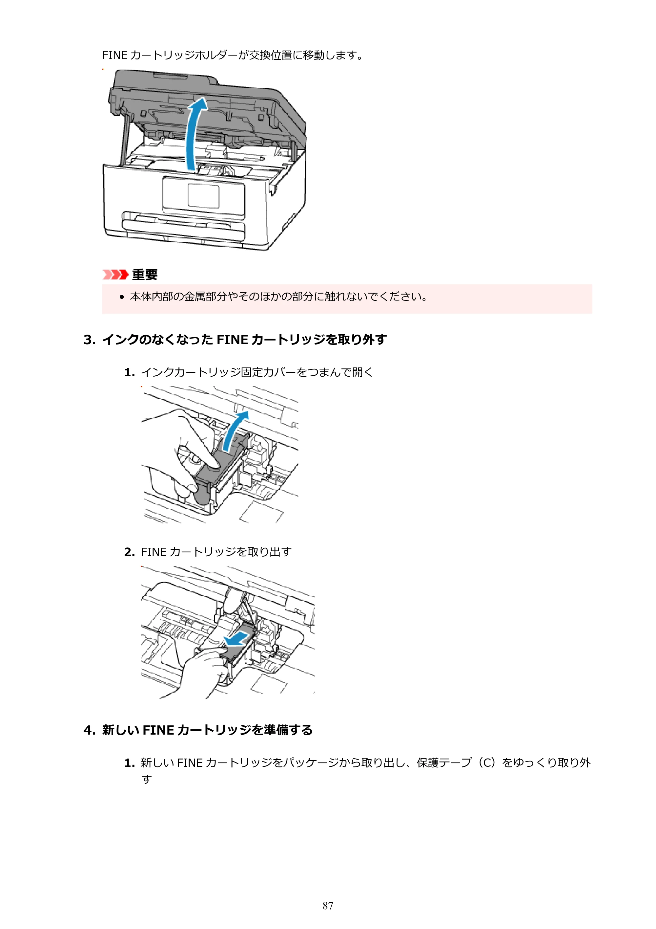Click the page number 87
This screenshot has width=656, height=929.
pyautogui.click(x=328, y=906)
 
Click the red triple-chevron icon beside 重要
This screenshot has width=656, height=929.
pyautogui.click(x=115, y=275)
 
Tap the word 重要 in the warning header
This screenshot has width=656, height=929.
pyautogui.click(x=145, y=275)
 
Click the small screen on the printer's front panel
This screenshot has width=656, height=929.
pyautogui.click(x=204, y=196)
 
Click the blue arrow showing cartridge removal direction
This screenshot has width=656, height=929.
pyautogui.click(x=236, y=639)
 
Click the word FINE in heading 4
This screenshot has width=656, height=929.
pyautogui.click(x=158, y=730)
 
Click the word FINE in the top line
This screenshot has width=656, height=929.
pyautogui.click(x=115, y=55)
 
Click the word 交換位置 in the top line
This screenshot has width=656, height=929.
pyautogui.click(x=270, y=55)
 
